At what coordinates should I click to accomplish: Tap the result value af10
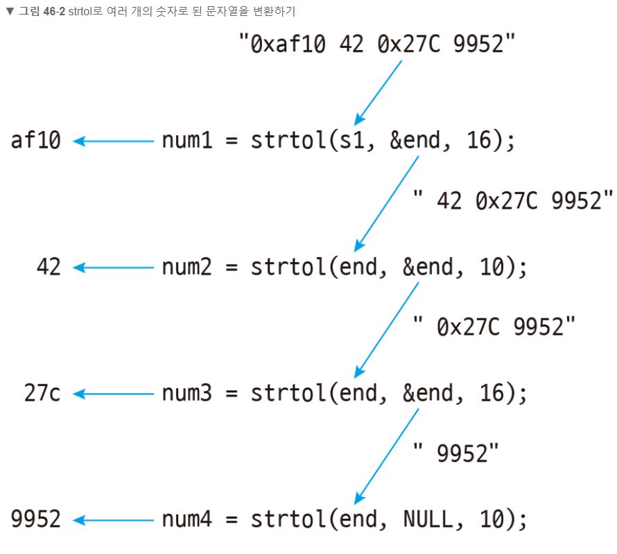pyautogui.click(x=36, y=141)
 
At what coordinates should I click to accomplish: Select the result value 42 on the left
pyautogui.click(x=49, y=268)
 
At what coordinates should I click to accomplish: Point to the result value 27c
pyautogui.click(x=42, y=394)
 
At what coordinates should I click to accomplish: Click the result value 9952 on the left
pyautogui.click(x=36, y=520)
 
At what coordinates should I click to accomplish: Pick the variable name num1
pyautogui.click(x=187, y=141)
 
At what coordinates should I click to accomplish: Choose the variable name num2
pyautogui.click(x=187, y=268)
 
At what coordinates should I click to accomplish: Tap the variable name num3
pyautogui.click(x=187, y=394)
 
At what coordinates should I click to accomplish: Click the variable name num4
pyautogui.click(x=187, y=520)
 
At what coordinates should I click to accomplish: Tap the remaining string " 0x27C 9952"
pyautogui.click(x=494, y=327)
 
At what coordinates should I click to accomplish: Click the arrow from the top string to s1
pyautogui.click(x=379, y=92)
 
